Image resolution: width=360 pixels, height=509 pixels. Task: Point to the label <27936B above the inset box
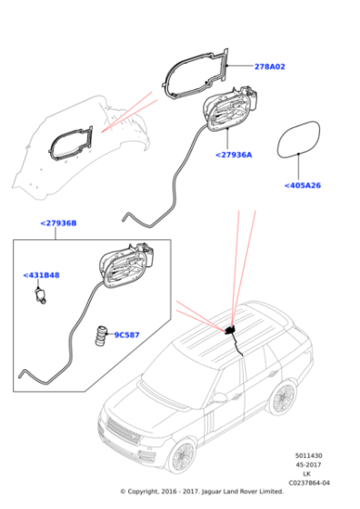click(57, 223)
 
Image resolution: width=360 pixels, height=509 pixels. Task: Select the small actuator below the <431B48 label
click(42, 295)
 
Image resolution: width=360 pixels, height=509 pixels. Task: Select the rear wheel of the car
click(285, 397)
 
